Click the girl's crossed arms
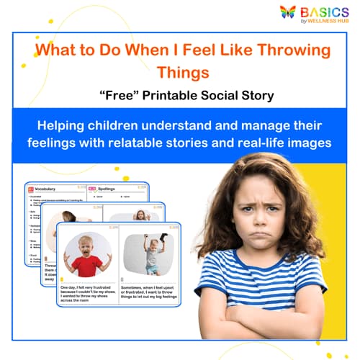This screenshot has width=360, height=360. (274, 320)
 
